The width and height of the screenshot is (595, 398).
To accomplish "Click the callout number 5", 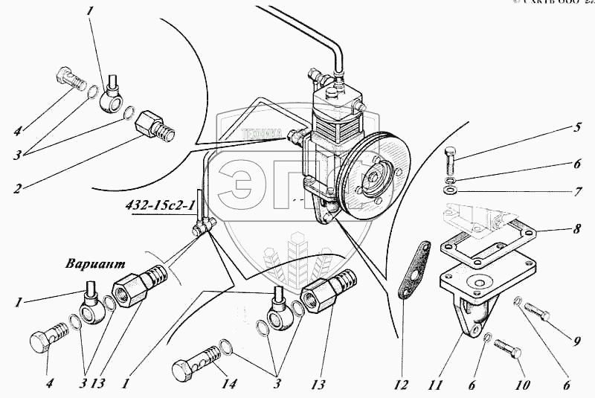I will (576, 126).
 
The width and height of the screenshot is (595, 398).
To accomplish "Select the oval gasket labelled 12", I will (414, 269).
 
